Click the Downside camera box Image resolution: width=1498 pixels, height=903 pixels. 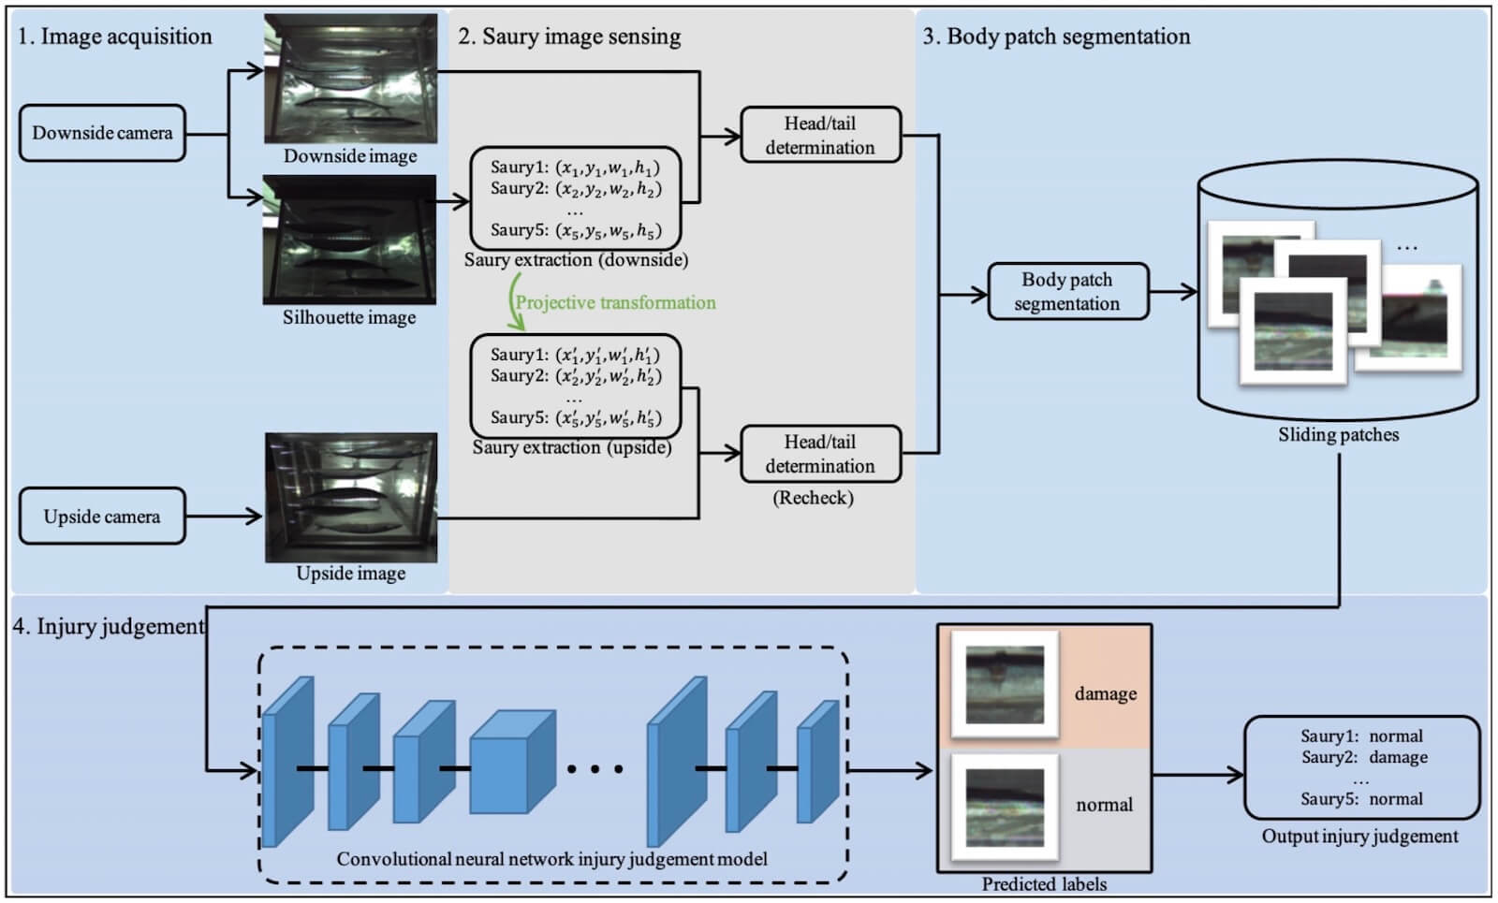pos(102,133)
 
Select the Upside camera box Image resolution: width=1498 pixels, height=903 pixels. pos(102,516)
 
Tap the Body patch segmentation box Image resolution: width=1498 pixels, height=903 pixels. pos(1067,291)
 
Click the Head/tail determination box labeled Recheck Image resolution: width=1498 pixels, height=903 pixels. pos(820,454)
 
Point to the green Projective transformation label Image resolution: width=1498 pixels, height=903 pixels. pos(615,302)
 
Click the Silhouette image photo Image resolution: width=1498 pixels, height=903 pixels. pos(350,240)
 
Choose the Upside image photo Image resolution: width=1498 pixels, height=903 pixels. pos(351,497)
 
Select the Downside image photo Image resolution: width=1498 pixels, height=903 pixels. pos(350,79)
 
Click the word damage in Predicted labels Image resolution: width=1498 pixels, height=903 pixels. pos(1106,693)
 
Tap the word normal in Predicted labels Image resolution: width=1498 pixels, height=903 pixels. pos(1104,805)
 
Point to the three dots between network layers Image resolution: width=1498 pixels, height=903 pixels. pos(595,769)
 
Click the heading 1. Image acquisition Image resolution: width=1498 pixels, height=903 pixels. pos(115,36)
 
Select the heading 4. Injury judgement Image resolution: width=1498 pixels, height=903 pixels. pos(109,626)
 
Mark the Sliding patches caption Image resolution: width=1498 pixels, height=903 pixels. pos(1338,434)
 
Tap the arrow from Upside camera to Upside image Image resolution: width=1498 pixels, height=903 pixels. pos(225,516)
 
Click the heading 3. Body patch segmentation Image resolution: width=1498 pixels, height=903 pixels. pos(1057,36)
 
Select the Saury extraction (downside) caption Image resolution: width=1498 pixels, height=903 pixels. pos(576,260)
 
